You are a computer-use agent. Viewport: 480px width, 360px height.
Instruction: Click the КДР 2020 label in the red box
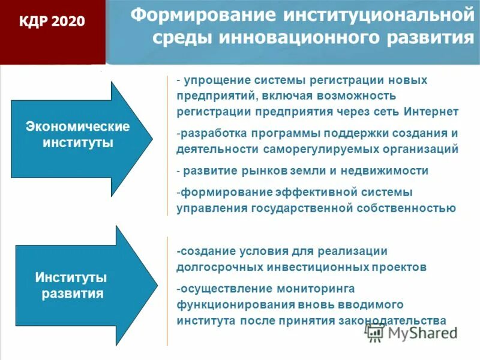pos(52,22)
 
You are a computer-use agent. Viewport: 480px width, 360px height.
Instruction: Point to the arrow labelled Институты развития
pos(72,286)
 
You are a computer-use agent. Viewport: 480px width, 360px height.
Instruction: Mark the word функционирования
pos(232,304)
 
